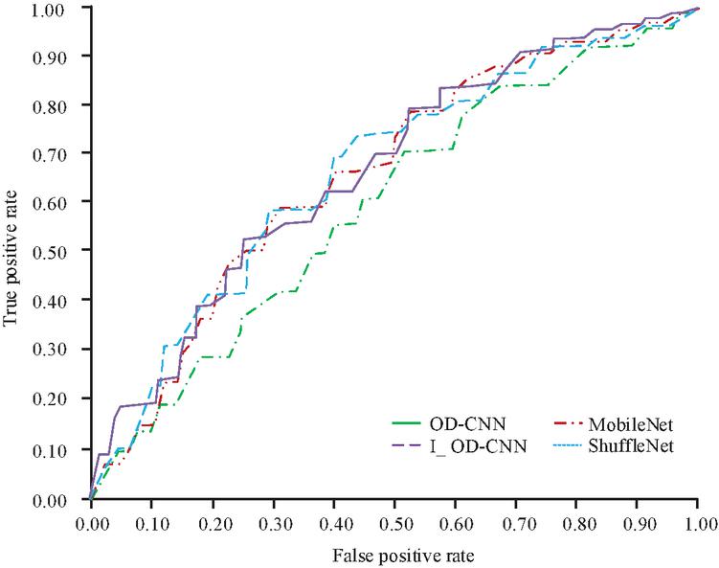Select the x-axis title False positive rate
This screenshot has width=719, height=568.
click(394, 555)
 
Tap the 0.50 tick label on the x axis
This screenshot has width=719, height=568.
click(394, 525)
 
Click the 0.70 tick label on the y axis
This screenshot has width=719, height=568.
click(55, 153)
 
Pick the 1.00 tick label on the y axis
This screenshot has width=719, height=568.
click(55, 8)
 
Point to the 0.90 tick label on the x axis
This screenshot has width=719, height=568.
click(638, 525)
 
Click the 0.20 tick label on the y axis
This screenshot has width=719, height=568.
click(55, 398)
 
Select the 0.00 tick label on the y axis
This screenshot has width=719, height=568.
click(55, 499)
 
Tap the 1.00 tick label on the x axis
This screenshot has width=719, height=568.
click(698, 525)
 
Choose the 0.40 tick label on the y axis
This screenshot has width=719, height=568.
click(55, 300)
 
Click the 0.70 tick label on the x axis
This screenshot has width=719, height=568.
click(516, 525)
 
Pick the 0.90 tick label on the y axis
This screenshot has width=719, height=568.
click(55, 56)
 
